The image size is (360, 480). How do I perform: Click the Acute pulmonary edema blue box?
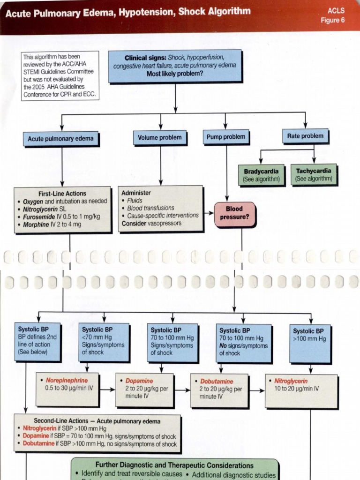click(x=60, y=139)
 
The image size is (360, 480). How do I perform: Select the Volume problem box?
click(x=160, y=138)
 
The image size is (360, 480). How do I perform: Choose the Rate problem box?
click(x=305, y=136)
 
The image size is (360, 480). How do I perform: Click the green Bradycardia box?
click(x=261, y=175)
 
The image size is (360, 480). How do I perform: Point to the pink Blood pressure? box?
click(x=234, y=214)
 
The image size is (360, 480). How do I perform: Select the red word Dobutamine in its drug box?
click(x=217, y=382)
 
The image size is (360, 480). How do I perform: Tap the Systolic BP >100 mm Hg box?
click(x=310, y=343)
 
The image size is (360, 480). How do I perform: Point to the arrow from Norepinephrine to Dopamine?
click(x=107, y=390)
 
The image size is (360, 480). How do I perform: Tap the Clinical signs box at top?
click(x=175, y=66)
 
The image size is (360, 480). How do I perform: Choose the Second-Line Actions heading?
click(x=97, y=421)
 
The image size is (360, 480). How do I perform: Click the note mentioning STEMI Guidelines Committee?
click(x=60, y=75)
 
